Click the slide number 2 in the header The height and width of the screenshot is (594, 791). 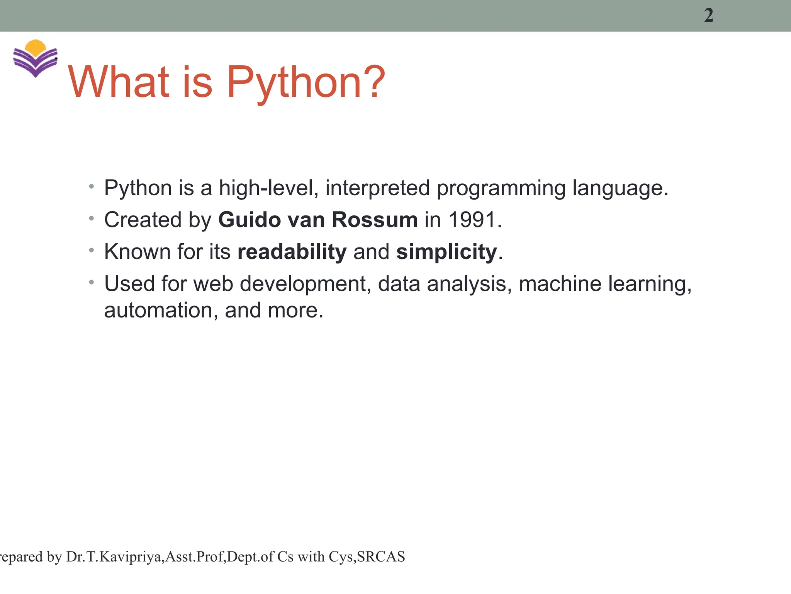coord(708,16)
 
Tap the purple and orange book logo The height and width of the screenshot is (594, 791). coord(35,58)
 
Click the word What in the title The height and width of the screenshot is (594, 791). coord(119,82)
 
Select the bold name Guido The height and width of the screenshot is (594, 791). coord(249,220)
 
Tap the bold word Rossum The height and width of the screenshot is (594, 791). coord(374,220)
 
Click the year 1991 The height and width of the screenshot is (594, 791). coord(472,220)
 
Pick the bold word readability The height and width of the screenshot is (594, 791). coord(292,252)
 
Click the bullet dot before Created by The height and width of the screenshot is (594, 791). coord(91,219)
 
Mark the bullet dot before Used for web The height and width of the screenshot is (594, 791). coord(91,283)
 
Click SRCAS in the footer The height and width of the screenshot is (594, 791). coord(380,557)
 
